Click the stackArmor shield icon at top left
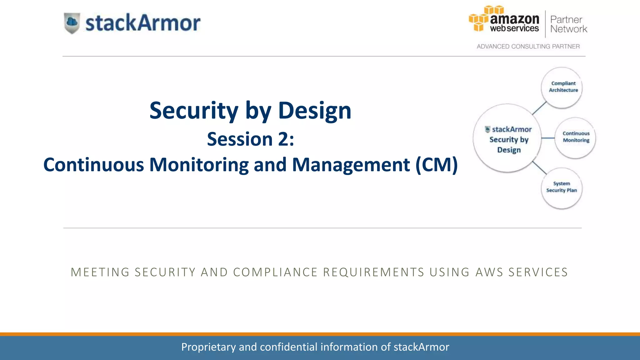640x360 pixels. [x=72, y=23]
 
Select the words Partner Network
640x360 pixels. [x=568, y=24]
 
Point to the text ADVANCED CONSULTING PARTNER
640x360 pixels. [x=528, y=47]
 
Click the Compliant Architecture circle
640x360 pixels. [x=562, y=87]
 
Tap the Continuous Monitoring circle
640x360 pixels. [x=576, y=137]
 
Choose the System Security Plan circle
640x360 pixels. [x=562, y=188]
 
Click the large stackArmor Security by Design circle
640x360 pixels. [x=507, y=138]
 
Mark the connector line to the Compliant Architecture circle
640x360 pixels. [x=539, y=108]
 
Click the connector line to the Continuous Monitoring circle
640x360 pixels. [x=548, y=138]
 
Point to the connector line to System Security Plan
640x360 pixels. [x=539, y=168]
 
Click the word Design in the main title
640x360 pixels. [x=314, y=111]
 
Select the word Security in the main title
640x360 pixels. [x=194, y=111]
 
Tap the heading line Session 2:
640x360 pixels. [x=250, y=139]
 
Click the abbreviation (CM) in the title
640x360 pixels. [x=437, y=165]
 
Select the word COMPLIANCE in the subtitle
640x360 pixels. [x=275, y=272]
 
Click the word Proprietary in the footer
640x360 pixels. [x=208, y=347]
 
